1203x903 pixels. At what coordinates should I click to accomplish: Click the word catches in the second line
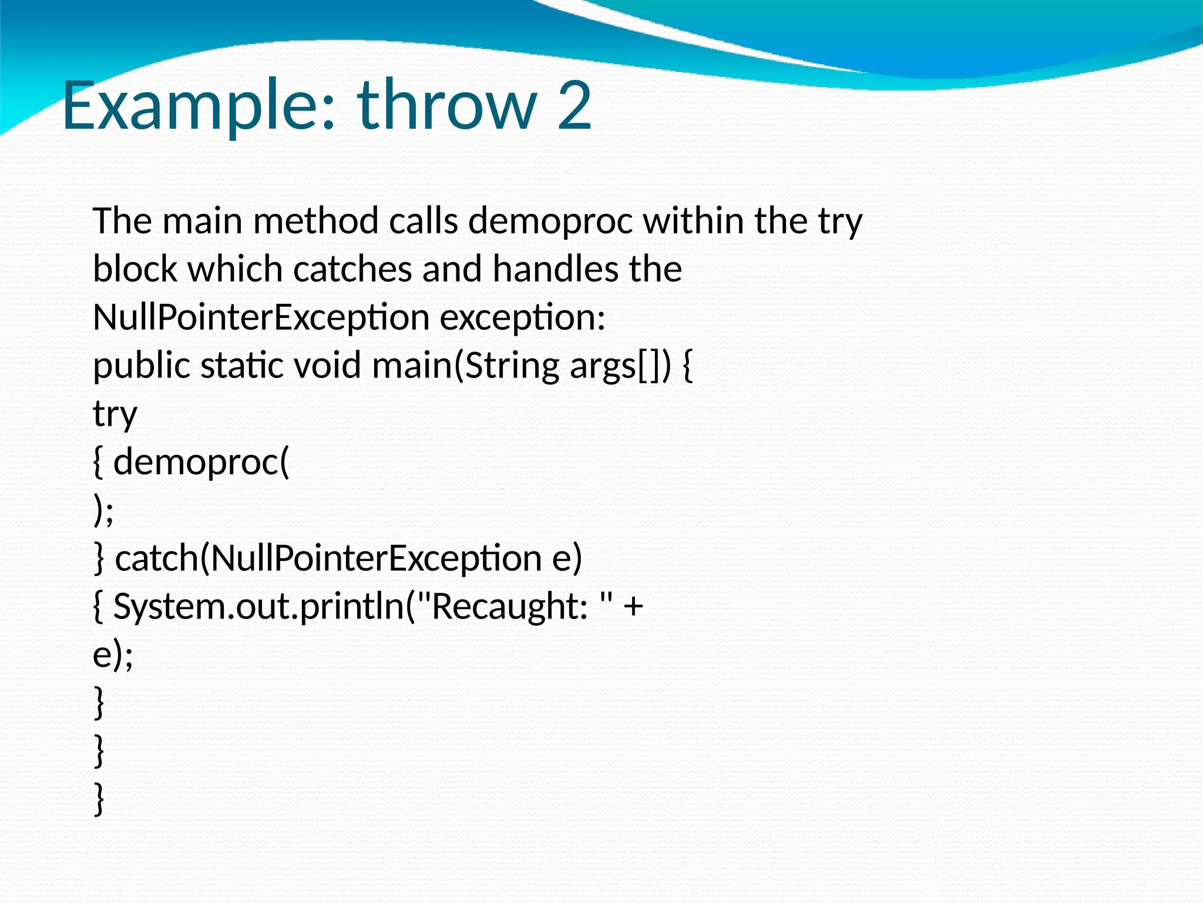[352, 269]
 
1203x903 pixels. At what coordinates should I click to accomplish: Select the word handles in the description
[555, 269]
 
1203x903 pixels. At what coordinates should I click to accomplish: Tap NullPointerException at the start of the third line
[261, 317]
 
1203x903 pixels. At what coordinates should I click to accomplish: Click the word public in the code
[141, 366]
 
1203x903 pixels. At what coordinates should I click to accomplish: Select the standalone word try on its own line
[115, 414]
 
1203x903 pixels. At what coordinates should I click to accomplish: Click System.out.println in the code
[259, 606]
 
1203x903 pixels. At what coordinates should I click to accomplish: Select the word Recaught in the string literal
[509, 606]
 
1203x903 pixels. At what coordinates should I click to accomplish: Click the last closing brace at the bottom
[99, 799]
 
